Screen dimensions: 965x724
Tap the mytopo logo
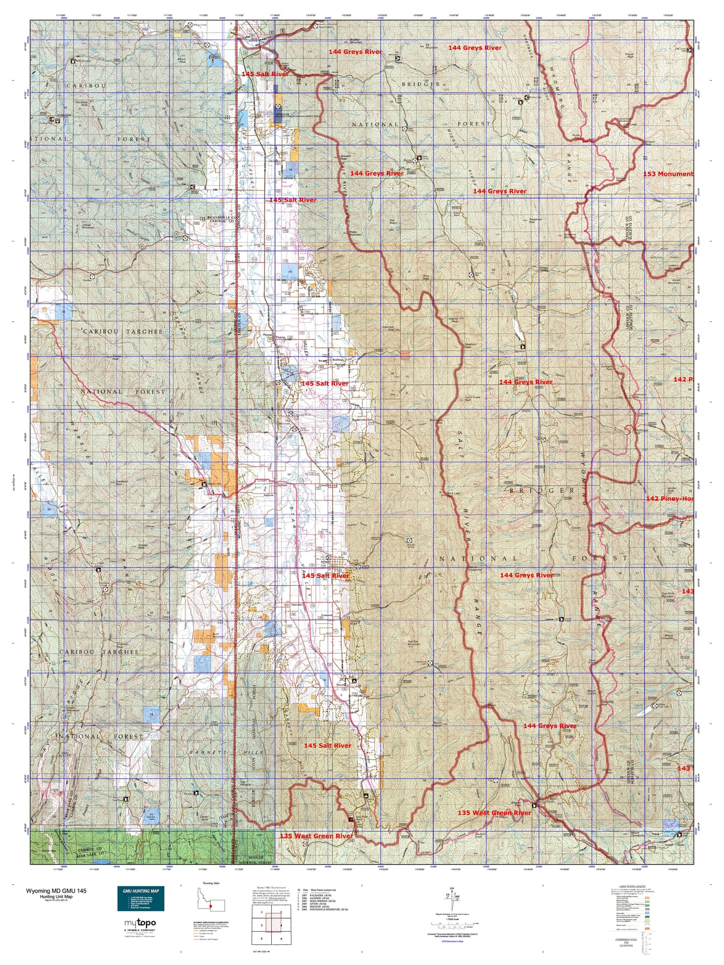click(x=139, y=923)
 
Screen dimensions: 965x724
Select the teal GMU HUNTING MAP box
click(x=140, y=898)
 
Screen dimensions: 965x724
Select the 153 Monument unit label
click(x=668, y=174)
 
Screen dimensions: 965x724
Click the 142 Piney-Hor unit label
click(x=669, y=498)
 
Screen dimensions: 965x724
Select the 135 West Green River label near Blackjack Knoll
click(x=494, y=813)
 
